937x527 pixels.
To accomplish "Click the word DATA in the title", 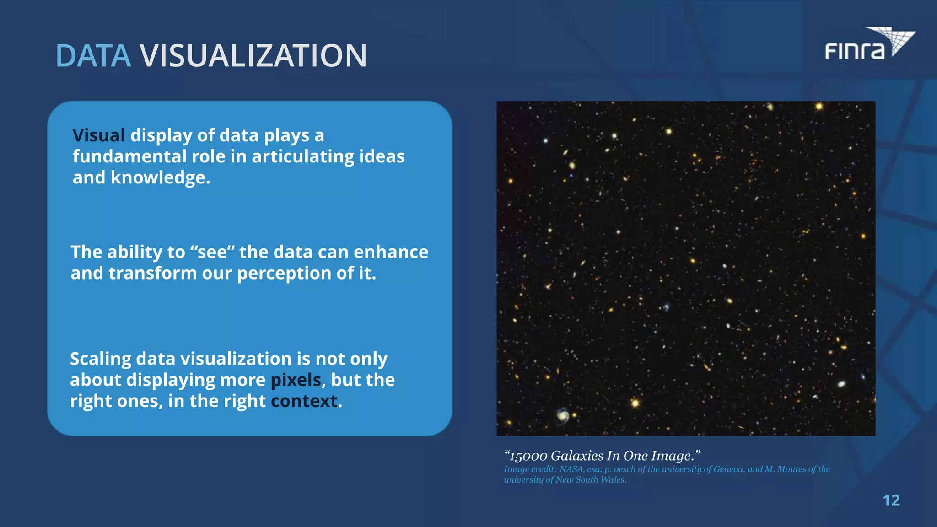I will [93, 56].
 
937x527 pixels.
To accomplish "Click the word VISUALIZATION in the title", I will [253, 56].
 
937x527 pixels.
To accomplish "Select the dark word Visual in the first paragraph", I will [98, 135].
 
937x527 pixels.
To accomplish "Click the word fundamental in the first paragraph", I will [129, 156].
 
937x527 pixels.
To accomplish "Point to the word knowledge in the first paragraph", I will [160, 177].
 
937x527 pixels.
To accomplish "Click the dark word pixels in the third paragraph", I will [296, 380].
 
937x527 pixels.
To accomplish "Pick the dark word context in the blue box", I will [304, 401].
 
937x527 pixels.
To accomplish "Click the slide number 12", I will [891, 500].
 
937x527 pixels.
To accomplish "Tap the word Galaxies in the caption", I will [577, 456].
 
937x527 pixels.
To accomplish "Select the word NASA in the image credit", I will [571, 469].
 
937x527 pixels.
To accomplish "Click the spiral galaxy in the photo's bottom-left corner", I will [563, 415].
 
